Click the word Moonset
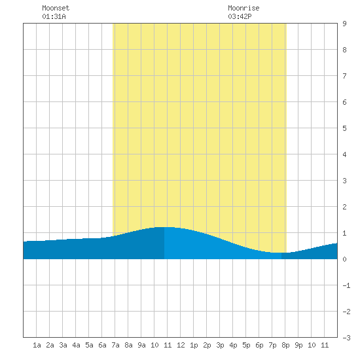point(56,8)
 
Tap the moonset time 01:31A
point(54,16)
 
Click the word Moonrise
point(243,8)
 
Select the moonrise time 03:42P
point(240,16)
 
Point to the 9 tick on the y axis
point(344,24)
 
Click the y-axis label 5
point(344,128)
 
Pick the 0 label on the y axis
point(344,259)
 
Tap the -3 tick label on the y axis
point(346,338)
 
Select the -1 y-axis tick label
point(346,285)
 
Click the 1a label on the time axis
point(37,345)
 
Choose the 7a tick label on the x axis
point(115,345)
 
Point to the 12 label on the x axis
point(181,345)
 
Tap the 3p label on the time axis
point(220,345)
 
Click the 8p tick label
point(285,345)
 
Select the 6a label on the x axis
point(102,345)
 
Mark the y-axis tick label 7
point(344,76)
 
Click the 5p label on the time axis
point(246,345)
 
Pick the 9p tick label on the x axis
point(298,345)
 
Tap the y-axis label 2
point(344,207)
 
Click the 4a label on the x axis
point(76,345)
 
